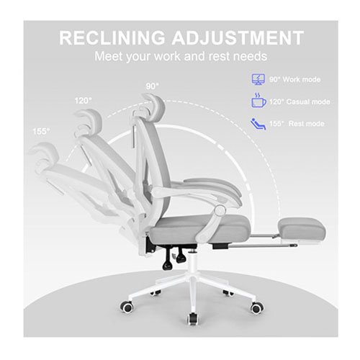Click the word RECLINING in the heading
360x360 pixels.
(x=112, y=37)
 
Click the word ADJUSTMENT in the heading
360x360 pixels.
(x=238, y=37)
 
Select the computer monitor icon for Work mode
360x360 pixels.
(x=258, y=79)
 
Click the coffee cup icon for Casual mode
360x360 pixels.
(x=258, y=100)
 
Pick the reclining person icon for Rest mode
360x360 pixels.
(x=258, y=124)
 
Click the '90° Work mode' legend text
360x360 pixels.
(x=294, y=79)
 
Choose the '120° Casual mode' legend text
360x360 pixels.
(x=300, y=102)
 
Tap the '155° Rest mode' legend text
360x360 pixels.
(x=297, y=124)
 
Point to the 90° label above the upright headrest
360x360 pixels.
(x=153, y=86)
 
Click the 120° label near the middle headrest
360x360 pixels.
(x=83, y=101)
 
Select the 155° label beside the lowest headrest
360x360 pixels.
(x=41, y=131)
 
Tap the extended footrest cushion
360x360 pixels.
(x=302, y=228)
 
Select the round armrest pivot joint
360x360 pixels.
(x=220, y=211)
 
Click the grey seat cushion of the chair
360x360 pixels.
(x=200, y=228)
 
